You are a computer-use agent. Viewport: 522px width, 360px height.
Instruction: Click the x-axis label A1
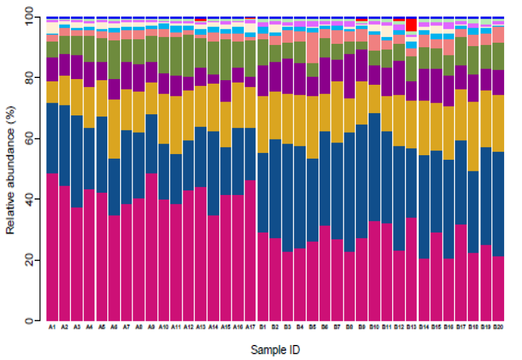pyautogui.click(x=52, y=327)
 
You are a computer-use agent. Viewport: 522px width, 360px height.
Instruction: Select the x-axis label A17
pyautogui.click(x=250, y=327)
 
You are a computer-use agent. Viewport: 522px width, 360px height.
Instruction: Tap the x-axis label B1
pyautogui.click(x=263, y=327)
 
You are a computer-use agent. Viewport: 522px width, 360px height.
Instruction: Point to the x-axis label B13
pyautogui.click(x=411, y=327)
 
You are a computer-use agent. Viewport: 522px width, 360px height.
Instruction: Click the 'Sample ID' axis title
pyautogui.click(x=275, y=350)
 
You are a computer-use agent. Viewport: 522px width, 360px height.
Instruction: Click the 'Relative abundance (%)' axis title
pyautogui.click(x=10, y=169)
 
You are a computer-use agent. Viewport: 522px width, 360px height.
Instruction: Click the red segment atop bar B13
pyautogui.click(x=411, y=25)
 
